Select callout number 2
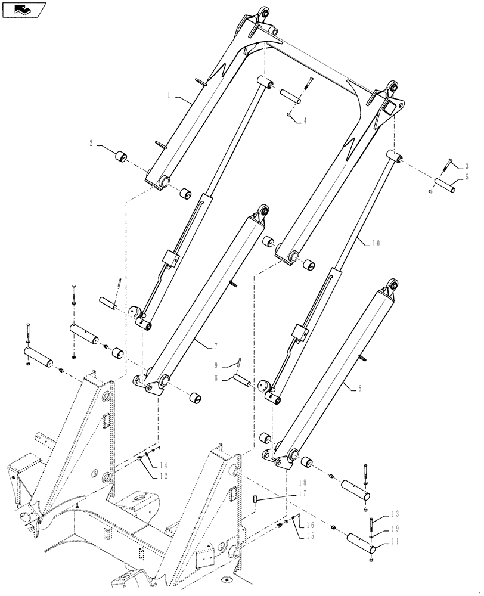[91, 143]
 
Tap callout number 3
[467, 166]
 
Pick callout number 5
[467, 178]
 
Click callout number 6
[359, 388]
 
